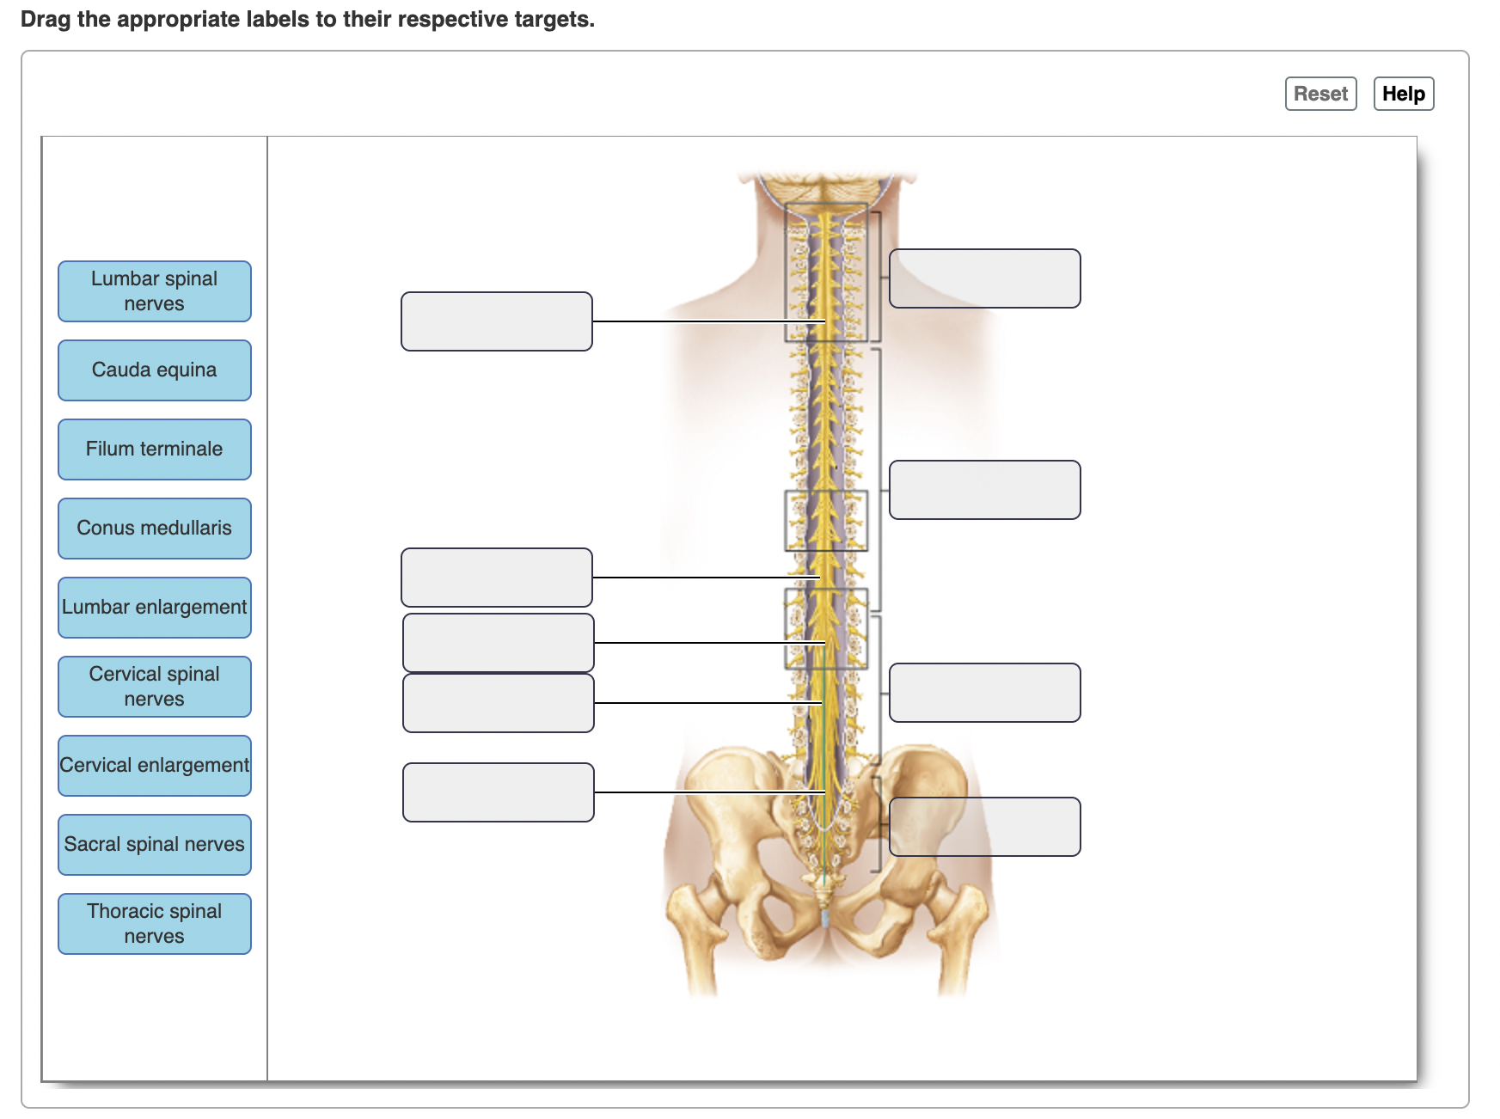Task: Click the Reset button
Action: click(1320, 94)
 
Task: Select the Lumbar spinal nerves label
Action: click(155, 291)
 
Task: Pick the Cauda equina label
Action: click(155, 370)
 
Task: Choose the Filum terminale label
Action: click(155, 449)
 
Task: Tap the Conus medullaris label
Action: click(155, 529)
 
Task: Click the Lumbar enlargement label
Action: click(155, 608)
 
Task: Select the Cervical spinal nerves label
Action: click(155, 687)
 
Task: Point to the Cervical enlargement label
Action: click(155, 766)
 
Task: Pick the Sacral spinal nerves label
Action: click(155, 845)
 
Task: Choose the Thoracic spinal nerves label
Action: click(155, 924)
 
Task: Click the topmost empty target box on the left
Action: click(497, 321)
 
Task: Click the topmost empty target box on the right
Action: click(985, 278)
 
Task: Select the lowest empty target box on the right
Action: click(985, 827)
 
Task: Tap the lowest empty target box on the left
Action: click(499, 792)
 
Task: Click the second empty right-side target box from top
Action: click(985, 490)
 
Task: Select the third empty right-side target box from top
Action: click(985, 693)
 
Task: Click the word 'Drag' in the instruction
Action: click(46, 20)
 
